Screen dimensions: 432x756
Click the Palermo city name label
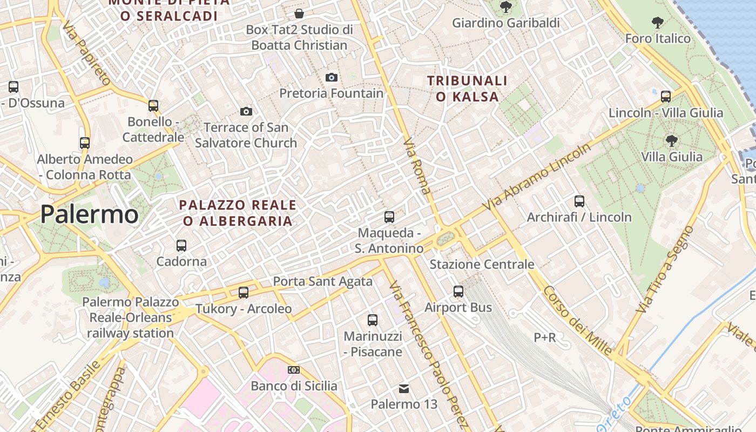89,214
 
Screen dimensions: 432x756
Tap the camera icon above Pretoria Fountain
332,77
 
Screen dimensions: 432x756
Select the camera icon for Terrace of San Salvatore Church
246,111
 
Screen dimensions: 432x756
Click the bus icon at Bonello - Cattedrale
153,105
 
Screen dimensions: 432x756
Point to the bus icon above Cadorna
181,246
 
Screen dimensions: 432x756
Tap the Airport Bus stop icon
458,292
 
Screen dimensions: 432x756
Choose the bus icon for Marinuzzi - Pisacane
373,320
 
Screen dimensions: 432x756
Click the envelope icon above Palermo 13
403,388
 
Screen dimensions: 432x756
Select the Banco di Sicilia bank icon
294,370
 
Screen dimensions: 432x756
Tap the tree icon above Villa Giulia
672,141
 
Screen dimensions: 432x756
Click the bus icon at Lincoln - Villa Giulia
666,97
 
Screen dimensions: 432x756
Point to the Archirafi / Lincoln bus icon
579,201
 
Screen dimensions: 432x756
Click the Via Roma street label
417,166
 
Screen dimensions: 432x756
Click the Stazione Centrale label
482,265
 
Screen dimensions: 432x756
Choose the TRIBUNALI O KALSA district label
468,89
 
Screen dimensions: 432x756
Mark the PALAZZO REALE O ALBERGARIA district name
238,213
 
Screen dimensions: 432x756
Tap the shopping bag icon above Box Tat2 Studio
299,13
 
